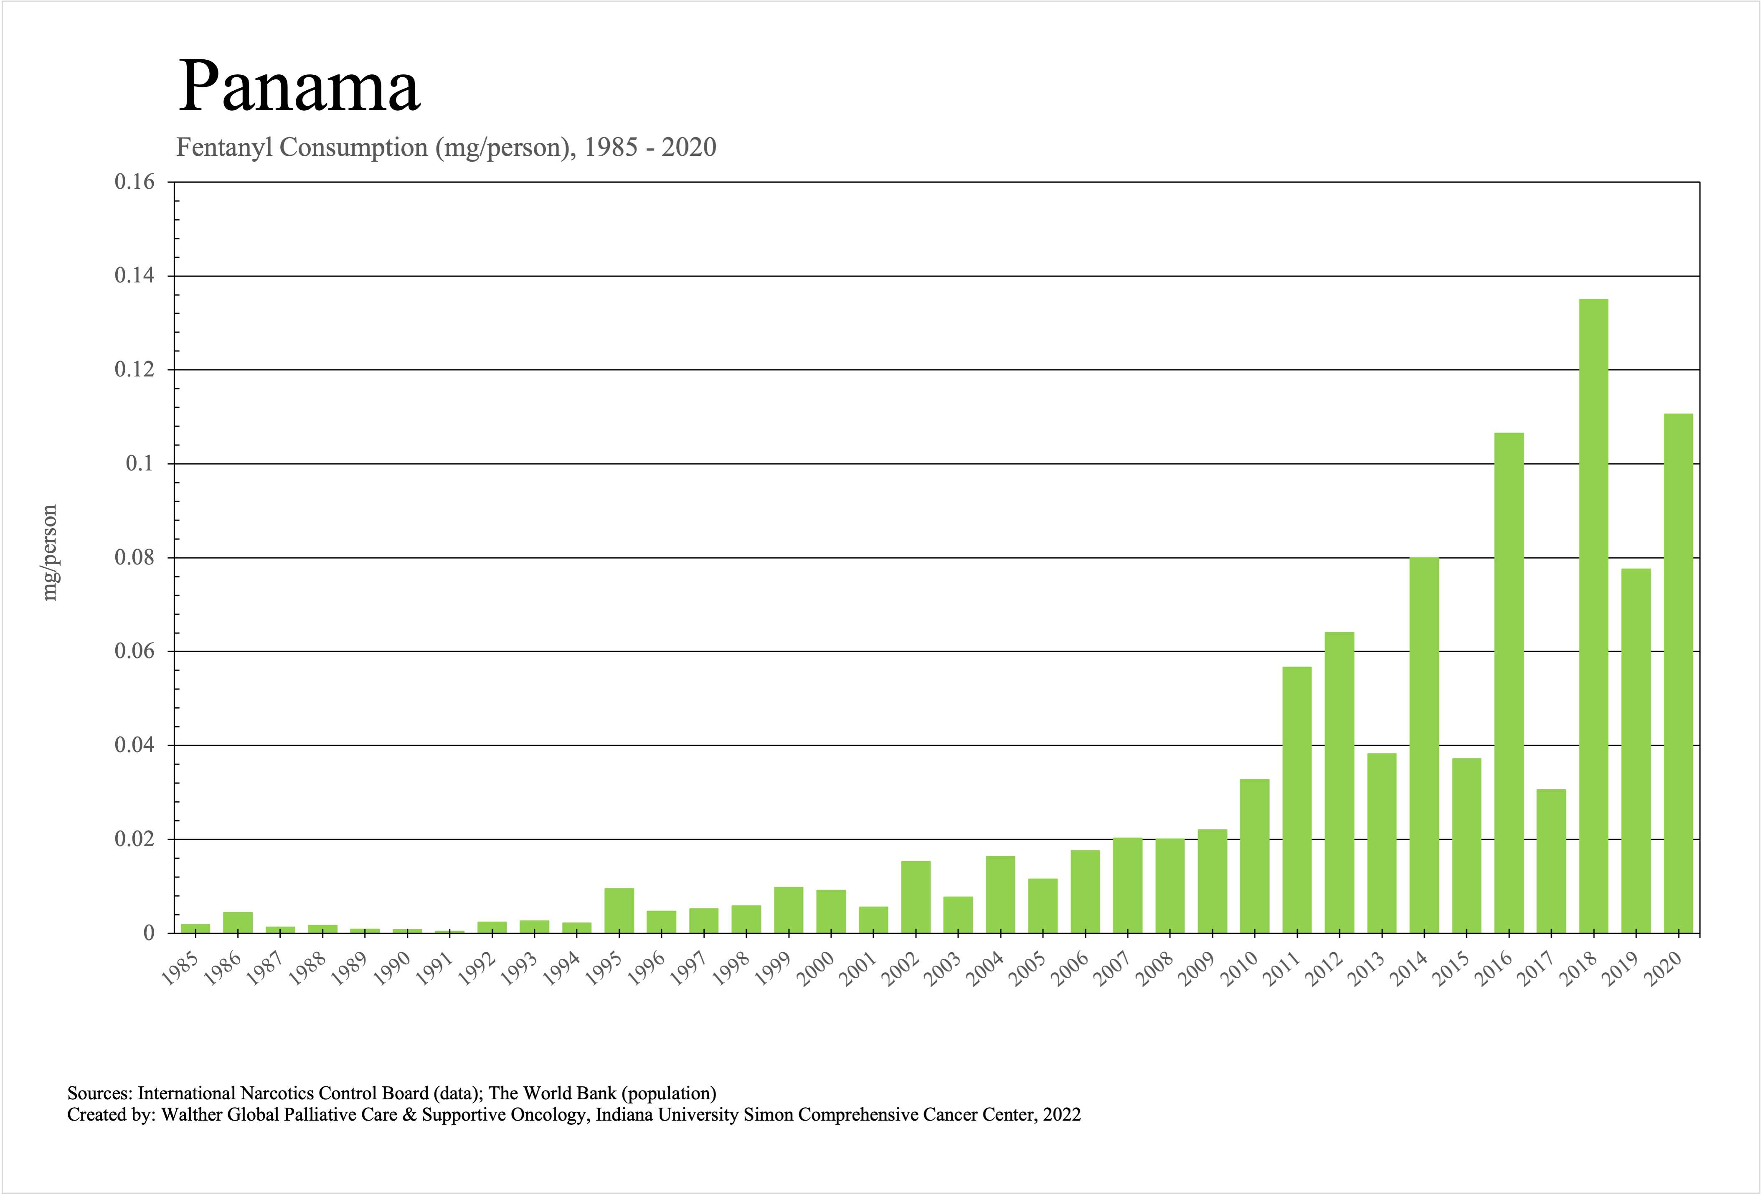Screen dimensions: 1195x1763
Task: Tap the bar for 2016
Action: [x=1509, y=683]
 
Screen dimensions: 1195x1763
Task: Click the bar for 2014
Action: [x=1424, y=745]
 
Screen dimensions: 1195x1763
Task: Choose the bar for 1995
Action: [x=619, y=910]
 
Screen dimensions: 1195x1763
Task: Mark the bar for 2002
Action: [x=916, y=897]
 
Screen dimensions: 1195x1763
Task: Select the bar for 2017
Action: [x=1551, y=861]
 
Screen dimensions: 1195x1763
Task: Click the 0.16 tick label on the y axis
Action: [x=134, y=182]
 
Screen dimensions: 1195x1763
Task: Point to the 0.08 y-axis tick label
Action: [x=134, y=558]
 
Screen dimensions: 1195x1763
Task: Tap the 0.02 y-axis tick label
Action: [x=134, y=839]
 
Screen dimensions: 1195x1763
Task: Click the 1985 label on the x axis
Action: [x=180, y=968]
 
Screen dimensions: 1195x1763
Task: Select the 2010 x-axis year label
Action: [x=1239, y=968]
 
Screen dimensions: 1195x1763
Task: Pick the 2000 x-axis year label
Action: [x=815, y=968]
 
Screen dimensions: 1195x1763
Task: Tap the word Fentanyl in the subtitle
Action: [x=225, y=147]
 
